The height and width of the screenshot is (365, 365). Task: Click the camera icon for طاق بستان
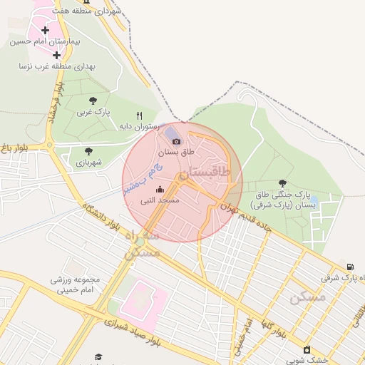point(176,141)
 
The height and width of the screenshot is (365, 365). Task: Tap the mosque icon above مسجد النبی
point(160,190)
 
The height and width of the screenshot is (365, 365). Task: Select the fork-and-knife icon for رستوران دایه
point(140,115)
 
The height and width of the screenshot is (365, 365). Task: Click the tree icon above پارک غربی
point(93,101)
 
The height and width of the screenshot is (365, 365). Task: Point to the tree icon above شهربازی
point(88,151)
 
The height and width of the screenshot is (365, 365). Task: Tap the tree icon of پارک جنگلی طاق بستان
point(283,183)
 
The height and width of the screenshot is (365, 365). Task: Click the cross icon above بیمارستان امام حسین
point(46,30)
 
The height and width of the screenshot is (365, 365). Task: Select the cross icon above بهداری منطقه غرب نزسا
point(56,55)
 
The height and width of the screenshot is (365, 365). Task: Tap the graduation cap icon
point(98,356)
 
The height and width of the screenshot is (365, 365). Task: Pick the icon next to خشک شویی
point(307,349)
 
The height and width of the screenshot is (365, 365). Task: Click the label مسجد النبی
point(159,201)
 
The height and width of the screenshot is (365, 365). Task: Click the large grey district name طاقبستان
point(204,173)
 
